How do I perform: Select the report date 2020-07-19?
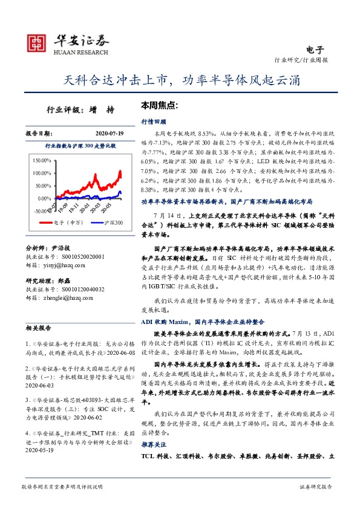(109, 133)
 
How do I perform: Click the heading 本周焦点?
(159, 105)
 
